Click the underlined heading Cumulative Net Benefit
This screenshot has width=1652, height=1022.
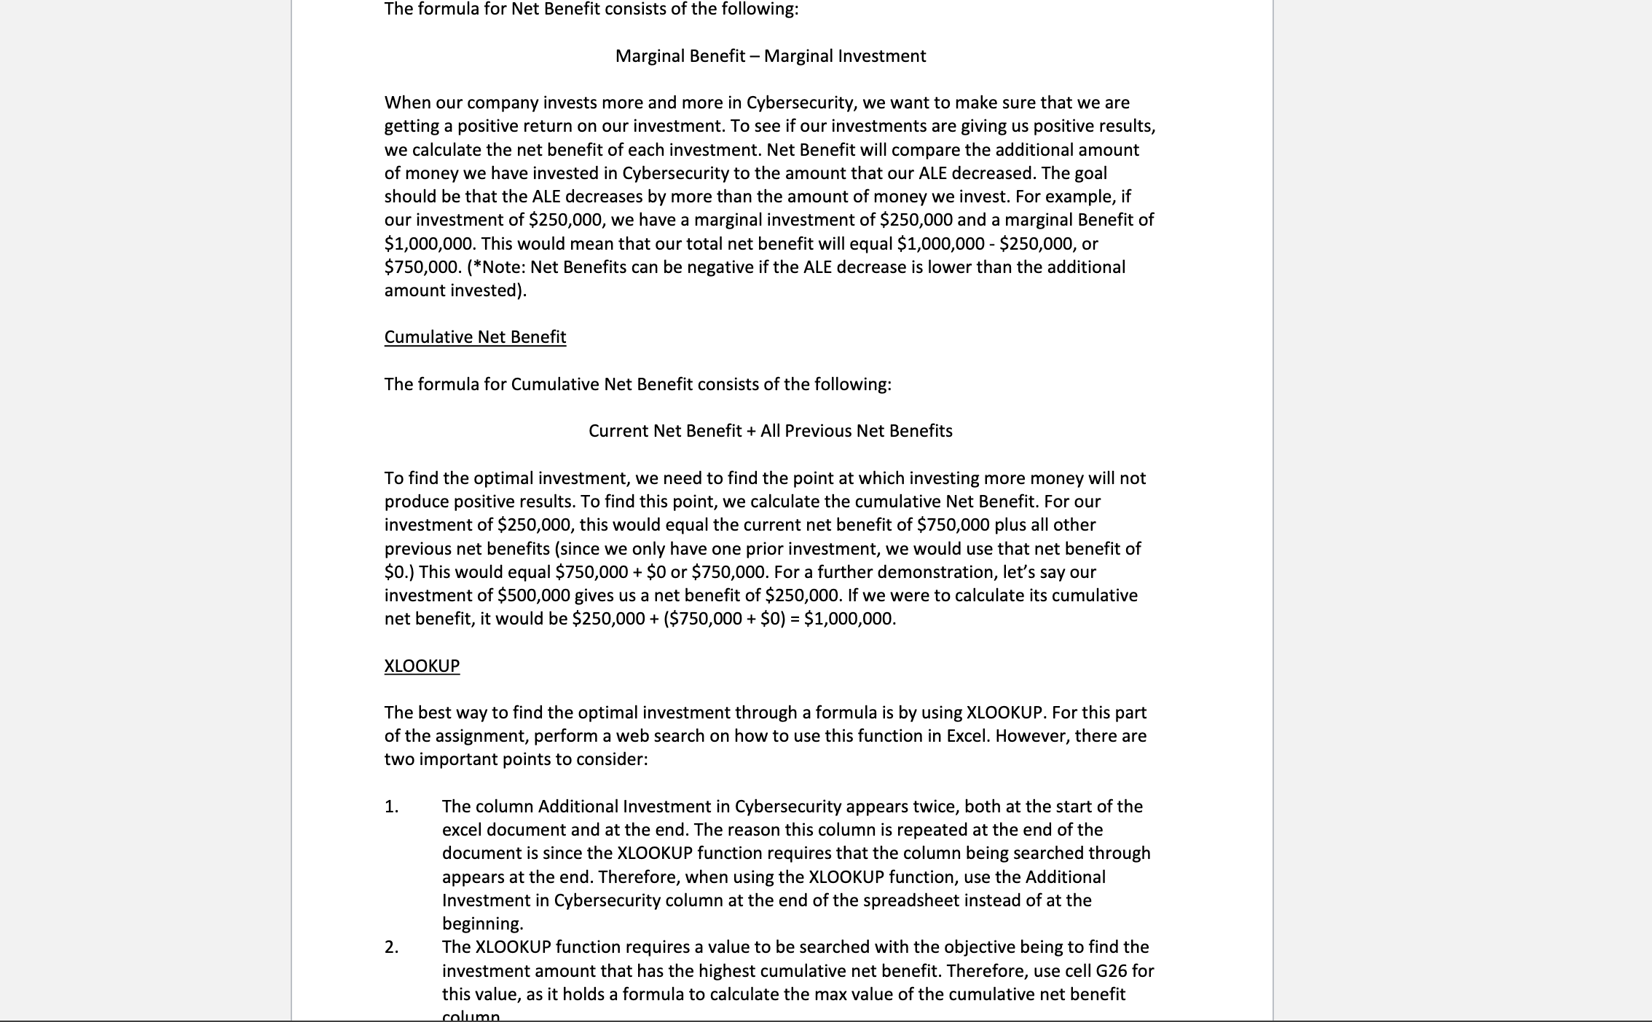pos(475,337)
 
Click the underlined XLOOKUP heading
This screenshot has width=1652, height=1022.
pos(422,666)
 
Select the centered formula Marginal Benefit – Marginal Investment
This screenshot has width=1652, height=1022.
pos(770,56)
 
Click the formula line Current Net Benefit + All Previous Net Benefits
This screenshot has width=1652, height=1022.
pos(770,431)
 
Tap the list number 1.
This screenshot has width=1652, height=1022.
pos(391,807)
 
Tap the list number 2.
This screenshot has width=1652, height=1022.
pos(391,947)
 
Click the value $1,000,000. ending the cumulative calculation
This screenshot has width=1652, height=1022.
pos(849,619)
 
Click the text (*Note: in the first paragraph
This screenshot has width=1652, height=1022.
pos(496,267)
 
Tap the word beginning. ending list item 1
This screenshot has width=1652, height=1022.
pos(482,924)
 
